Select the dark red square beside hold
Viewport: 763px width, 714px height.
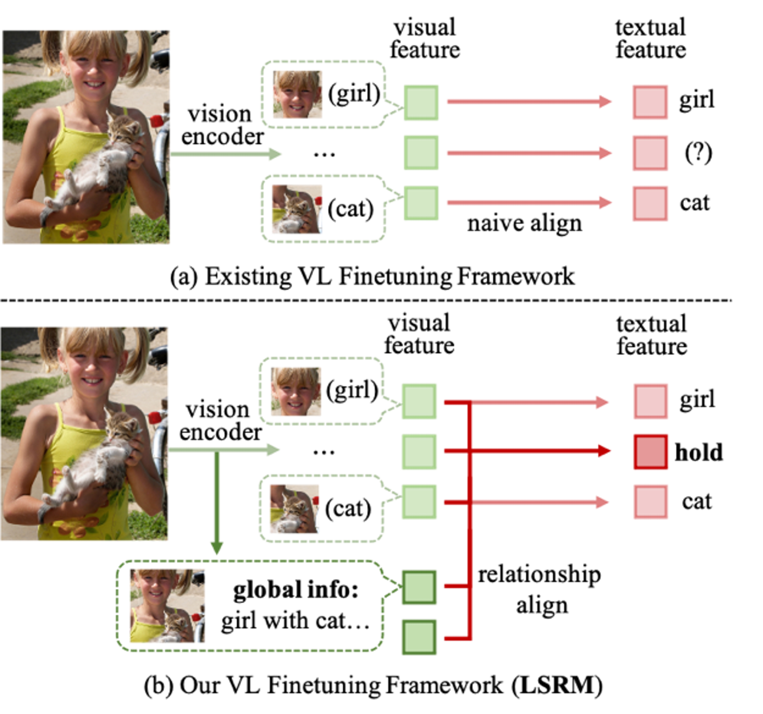pyautogui.click(x=650, y=452)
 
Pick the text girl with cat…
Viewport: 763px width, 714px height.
pyautogui.click(x=295, y=621)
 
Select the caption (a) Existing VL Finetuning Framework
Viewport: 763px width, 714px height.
pyautogui.click(x=372, y=276)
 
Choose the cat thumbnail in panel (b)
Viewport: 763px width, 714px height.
pyautogui.click(x=294, y=509)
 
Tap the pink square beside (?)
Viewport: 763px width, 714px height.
pyautogui.click(x=650, y=153)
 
